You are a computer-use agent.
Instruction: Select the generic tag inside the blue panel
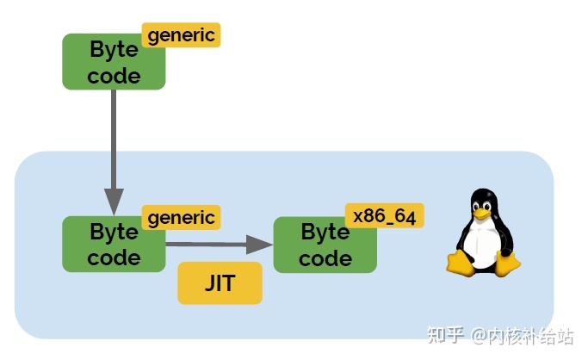(x=181, y=217)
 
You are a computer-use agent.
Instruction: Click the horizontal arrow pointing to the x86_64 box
(x=219, y=245)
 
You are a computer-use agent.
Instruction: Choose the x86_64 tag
(x=384, y=216)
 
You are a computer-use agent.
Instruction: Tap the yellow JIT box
(x=219, y=283)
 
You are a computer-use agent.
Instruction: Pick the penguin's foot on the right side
(x=508, y=263)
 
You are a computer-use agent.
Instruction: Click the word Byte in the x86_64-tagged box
(x=325, y=232)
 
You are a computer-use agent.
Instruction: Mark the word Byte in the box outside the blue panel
(x=114, y=49)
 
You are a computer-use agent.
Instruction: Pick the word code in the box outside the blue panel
(x=114, y=76)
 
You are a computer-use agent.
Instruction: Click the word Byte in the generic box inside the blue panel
(x=114, y=232)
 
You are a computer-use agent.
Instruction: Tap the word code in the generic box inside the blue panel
(x=114, y=257)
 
